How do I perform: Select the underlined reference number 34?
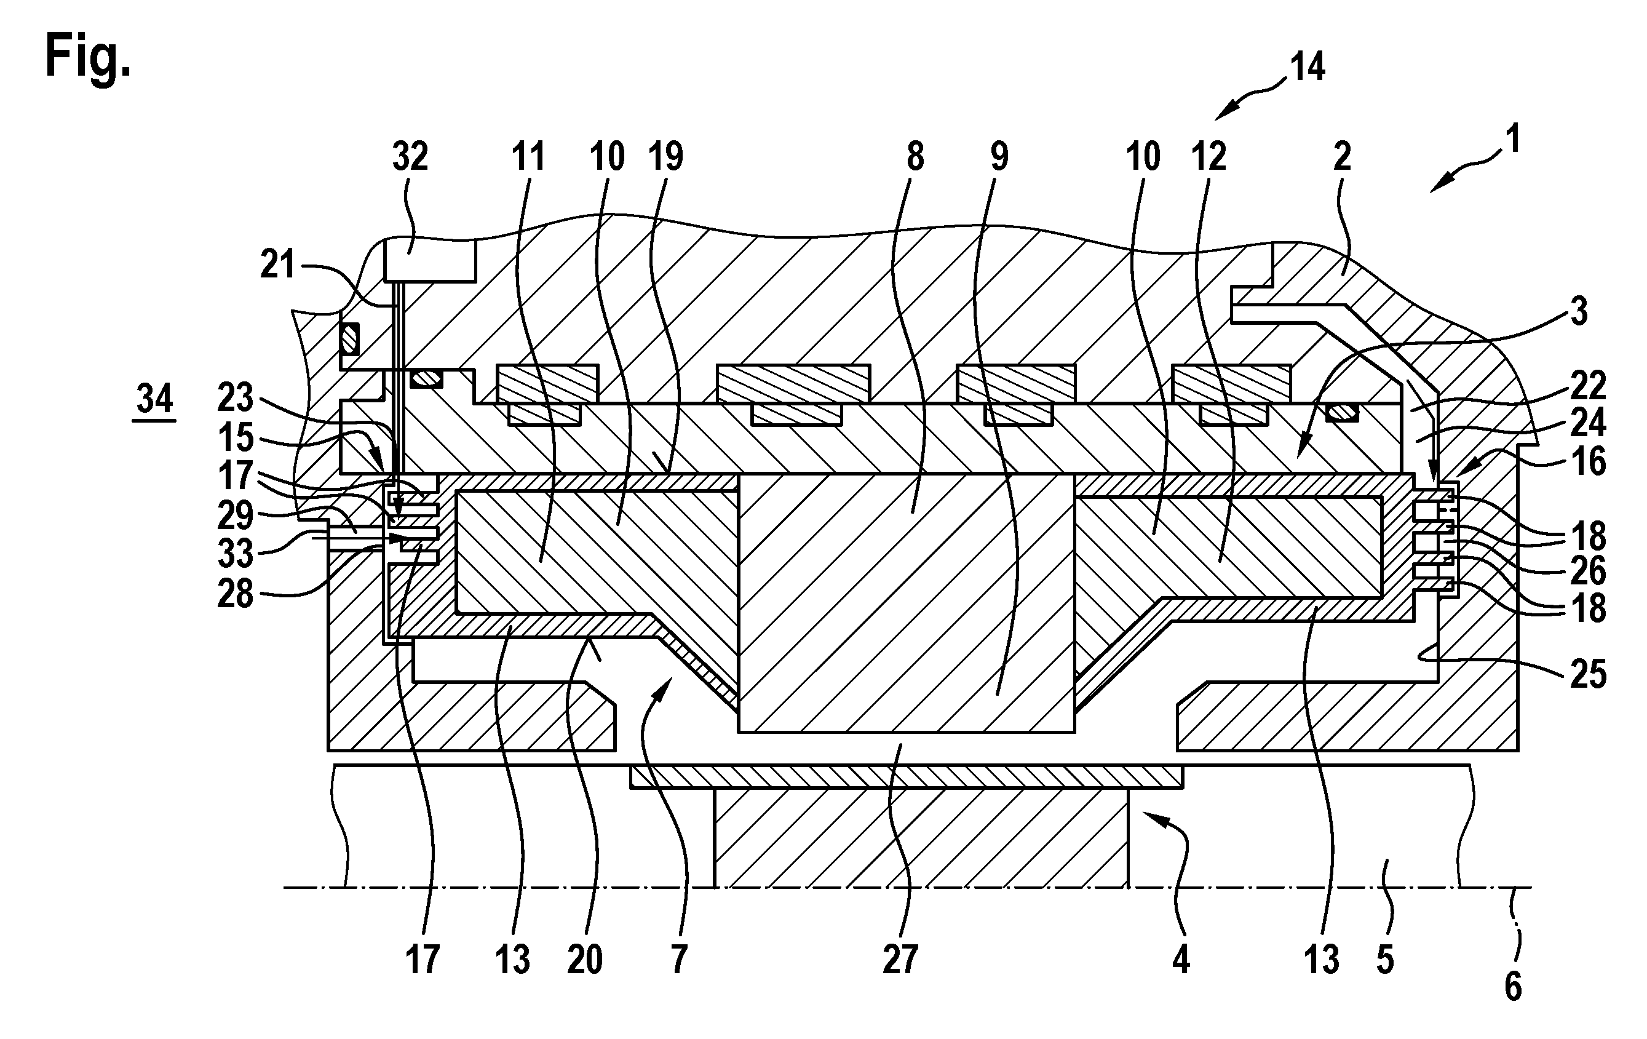(x=154, y=399)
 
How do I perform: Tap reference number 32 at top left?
(x=410, y=157)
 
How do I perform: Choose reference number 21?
(x=278, y=265)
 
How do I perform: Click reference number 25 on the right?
(x=1587, y=674)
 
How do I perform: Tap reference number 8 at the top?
(x=915, y=157)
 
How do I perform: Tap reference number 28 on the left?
(x=236, y=594)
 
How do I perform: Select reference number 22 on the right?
(x=1587, y=386)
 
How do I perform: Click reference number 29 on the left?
(x=236, y=514)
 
